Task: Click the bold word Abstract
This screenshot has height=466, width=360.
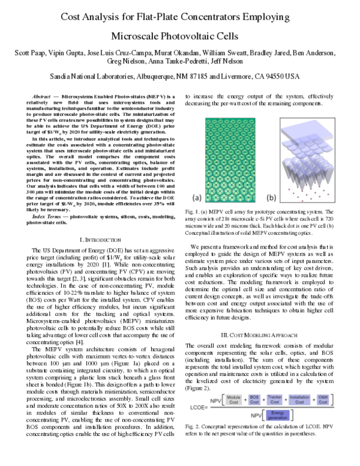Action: (x=41, y=96)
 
